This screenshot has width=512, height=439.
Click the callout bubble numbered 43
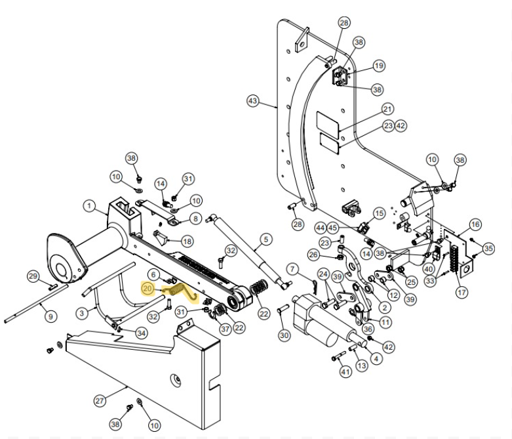(x=253, y=101)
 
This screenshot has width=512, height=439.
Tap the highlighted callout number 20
(x=148, y=288)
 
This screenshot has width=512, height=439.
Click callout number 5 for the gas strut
(x=266, y=240)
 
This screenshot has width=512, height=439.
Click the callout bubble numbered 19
(x=379, y=66)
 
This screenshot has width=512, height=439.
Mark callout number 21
(x=387, y=109)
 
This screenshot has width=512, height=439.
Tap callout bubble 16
(x=475, y=224)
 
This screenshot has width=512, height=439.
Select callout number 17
(x=462, y=292)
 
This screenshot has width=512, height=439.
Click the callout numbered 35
(x=488, y=249)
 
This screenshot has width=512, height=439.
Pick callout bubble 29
(x=33, y=276)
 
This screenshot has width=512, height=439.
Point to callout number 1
(x=89, y=205)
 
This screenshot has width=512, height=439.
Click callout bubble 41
(x=345, y=372)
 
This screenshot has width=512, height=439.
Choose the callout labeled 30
(x=283, y=335)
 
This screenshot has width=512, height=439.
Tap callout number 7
(x=293, y=269)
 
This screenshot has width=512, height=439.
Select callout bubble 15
(x=379, y=214)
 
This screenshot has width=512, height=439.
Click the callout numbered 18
(x=187, y=241)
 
